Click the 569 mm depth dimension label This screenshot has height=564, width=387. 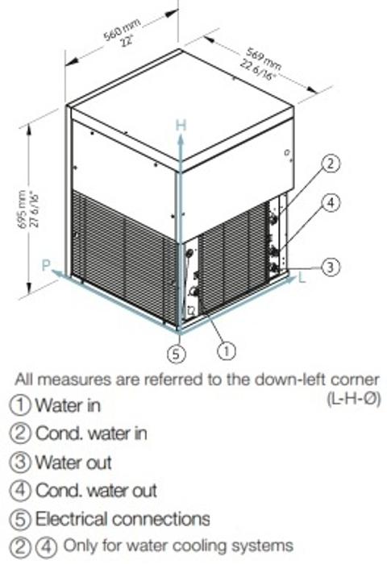(x=261, y=64)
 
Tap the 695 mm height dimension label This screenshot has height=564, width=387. (x=29, y=209)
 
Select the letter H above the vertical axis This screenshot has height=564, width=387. (x=181, y=125)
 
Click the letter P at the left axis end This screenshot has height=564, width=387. (x=46, y=265)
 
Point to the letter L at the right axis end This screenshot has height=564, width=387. (x=302, y=278)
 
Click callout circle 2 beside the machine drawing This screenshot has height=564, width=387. (x=331, y=164)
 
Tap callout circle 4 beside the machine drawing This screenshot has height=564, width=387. (x=331, y=203)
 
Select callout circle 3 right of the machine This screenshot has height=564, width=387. (x=330, y=267)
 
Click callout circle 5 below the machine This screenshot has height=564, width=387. (x=177, y=354)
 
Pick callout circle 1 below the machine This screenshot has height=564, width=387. (x=227, y=350)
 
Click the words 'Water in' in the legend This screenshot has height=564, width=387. (x=68, y=405)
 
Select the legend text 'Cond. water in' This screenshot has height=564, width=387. (x=91, y=433)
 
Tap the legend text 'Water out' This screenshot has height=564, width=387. (x=73, y=462)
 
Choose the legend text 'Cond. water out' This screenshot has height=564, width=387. (x=96, y=490)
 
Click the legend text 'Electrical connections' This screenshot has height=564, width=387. (x=123, y=519)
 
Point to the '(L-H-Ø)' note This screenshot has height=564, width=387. (x=353, y=399)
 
